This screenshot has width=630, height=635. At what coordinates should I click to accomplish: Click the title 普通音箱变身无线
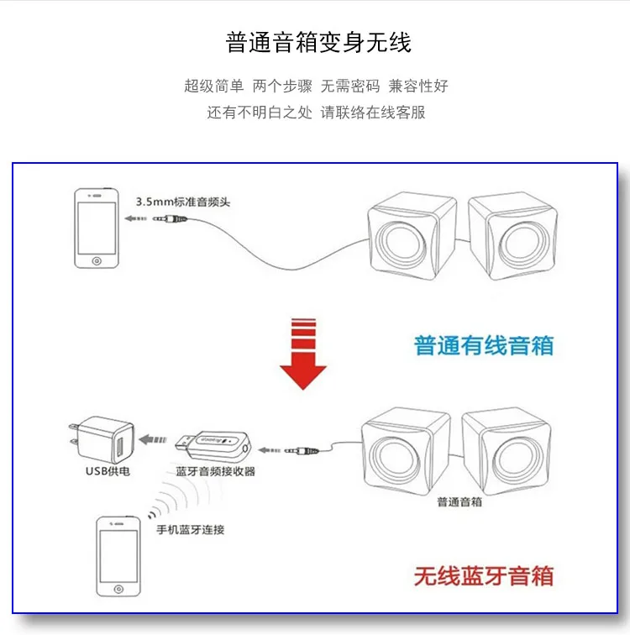click(x=318, y=42)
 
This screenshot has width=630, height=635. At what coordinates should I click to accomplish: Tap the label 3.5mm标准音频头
click(x=183, y=202)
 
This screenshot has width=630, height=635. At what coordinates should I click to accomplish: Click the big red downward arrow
click(x=303, y=354)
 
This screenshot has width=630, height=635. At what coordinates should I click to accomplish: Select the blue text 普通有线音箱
click(x=484, y=345)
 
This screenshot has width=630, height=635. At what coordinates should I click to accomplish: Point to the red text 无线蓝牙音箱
click(x=484, y=576)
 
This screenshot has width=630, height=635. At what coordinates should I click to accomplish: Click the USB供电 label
click(x=108, y=471)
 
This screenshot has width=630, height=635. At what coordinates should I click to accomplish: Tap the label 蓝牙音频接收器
click(x=215, y=471)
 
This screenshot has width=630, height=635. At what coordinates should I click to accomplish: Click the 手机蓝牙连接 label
click(x=191, y=529)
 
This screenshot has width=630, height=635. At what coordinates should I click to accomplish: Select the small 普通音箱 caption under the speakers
click(x=459, y=502)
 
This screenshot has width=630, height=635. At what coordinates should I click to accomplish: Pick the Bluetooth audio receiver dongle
click(x=213, y=446)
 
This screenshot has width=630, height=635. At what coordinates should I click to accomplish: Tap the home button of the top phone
click(x=97, y=261)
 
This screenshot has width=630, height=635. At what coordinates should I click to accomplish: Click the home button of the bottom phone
click(x=118, y=590)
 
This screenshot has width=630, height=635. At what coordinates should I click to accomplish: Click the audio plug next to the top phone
click(x=170, y=219)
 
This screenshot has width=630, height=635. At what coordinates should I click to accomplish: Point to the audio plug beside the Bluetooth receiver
click(x=302, y=450)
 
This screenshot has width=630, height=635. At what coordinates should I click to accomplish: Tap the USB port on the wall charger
click(x=120, y=446)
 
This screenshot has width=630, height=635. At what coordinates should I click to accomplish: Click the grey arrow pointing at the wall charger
click(x=153, y=439)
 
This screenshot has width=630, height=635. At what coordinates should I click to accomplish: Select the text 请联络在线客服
click(x=373, y=113)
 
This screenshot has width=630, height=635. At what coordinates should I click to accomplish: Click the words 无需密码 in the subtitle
click(x=350, y=86)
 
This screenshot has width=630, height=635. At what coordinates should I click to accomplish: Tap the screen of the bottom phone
click(x=118, y=556)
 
